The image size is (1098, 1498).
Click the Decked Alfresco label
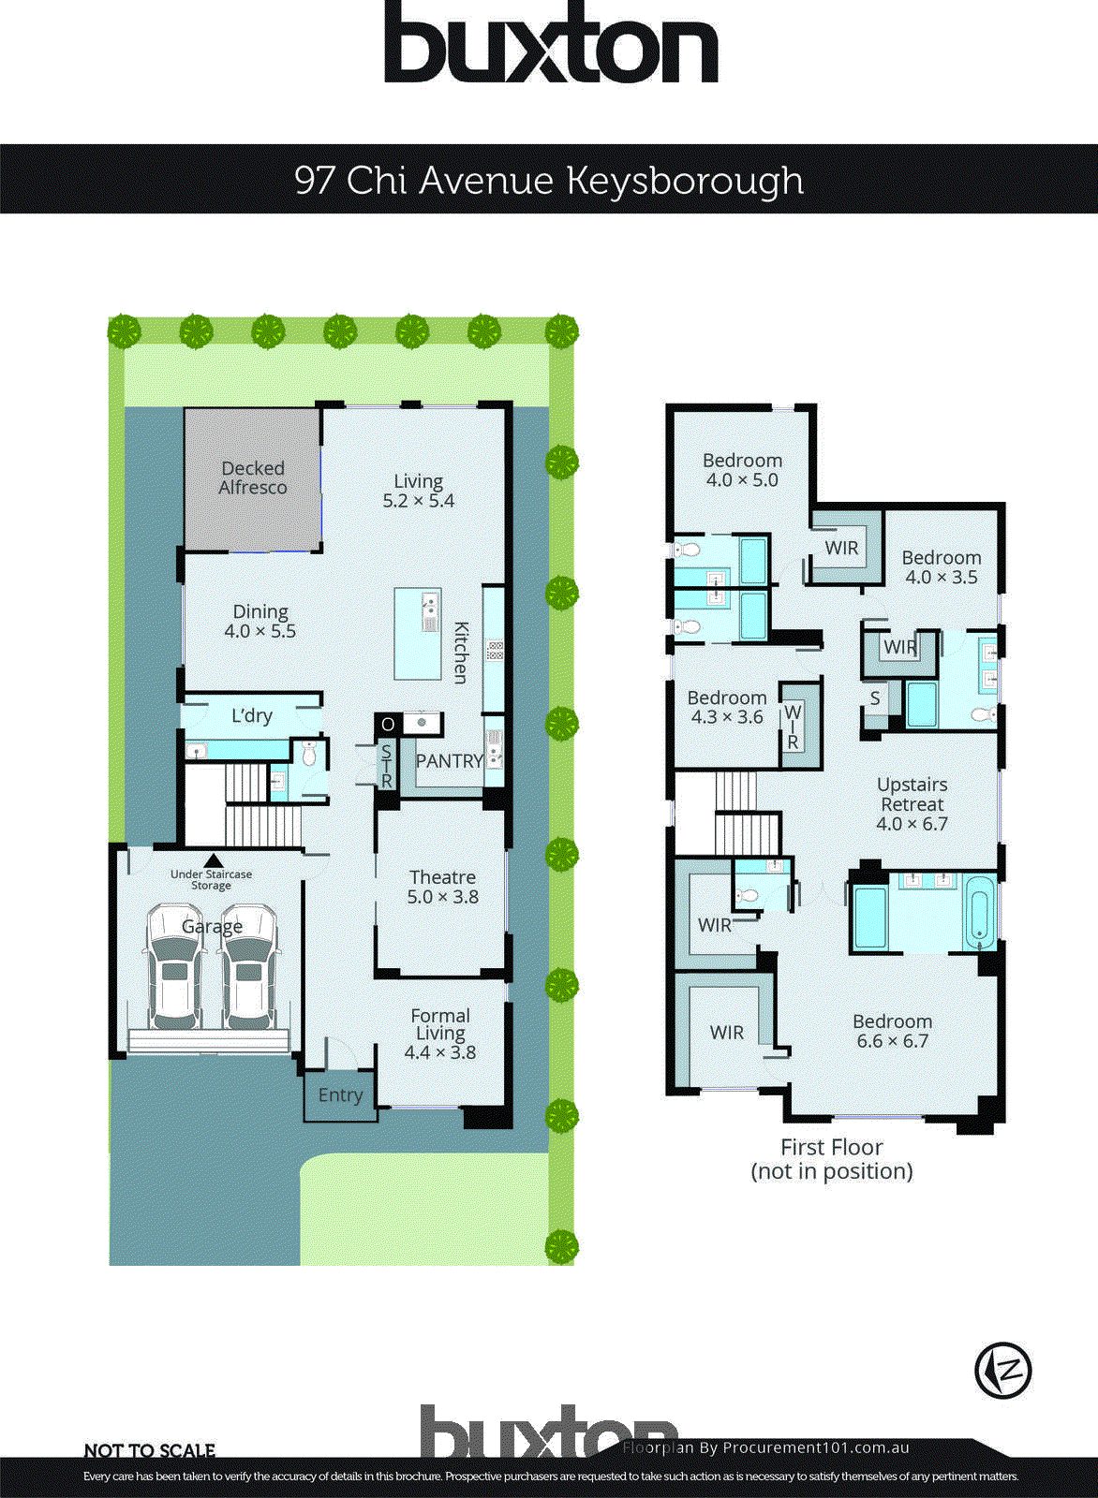(252, 477)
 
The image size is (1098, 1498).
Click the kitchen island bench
(417, 634)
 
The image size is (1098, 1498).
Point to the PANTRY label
(449, 761)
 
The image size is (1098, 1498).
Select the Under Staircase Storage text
(211, 879)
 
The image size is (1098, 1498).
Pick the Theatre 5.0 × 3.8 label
(442, 887)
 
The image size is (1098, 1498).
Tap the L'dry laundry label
(251, 716)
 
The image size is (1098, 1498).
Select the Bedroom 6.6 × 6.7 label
(892, 1031)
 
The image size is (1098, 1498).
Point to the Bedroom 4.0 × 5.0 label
(742, 470)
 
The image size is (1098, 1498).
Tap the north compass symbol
(1003, 1370)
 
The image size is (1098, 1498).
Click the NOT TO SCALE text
(150, 1450)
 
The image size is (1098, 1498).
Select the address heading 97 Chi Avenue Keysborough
(549, 179)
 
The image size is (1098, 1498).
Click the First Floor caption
(831, 1158)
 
